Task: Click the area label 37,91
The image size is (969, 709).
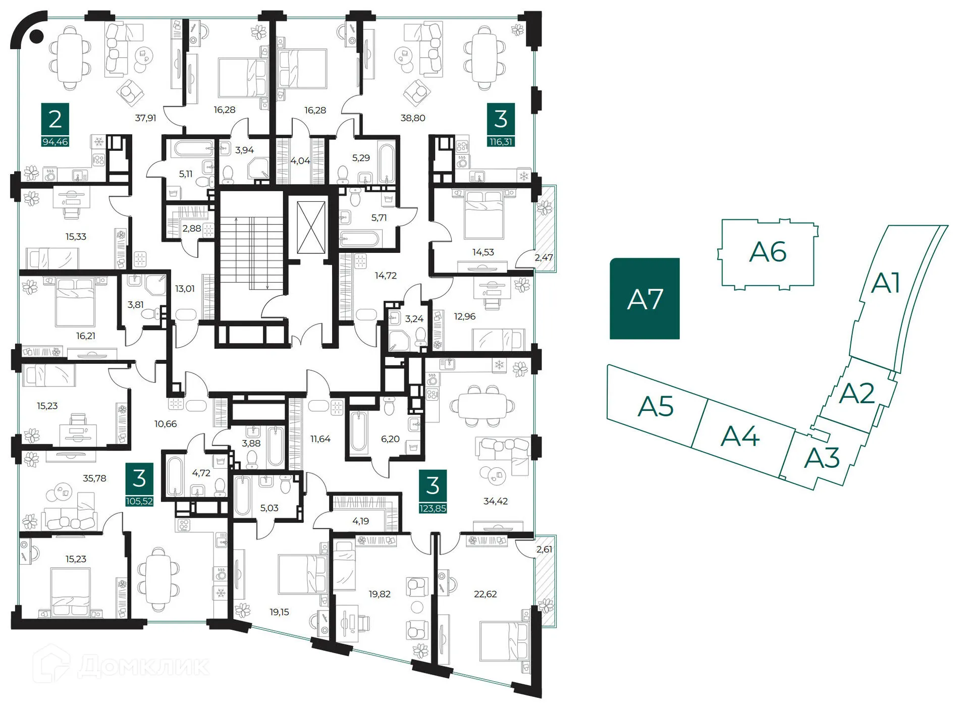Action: coord(145,118)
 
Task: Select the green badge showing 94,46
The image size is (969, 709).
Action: coord(55,142)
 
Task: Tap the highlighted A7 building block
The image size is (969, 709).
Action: coord(644,299)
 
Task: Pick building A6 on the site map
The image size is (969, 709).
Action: coord(768,252)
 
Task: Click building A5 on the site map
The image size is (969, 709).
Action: coord(655,406)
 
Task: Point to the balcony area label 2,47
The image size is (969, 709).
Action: coord(544,257)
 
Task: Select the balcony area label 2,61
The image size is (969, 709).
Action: coord(544,549)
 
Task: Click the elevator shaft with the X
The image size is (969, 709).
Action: coord(311,227)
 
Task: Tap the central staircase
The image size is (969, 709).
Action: coord(251,252)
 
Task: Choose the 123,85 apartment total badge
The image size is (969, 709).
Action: coord(433,508)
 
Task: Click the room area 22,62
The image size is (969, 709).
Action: coord(485,594)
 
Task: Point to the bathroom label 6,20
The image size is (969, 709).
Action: coord(390,439)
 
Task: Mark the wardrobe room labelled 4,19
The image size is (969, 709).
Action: coord(360,521)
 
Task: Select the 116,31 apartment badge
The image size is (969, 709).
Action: coord(501,142)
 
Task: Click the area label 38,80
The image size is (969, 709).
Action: coord(413,118)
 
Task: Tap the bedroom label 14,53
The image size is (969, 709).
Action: coord(483,252)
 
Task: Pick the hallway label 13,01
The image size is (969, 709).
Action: coord(185,289)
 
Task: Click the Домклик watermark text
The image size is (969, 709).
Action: coord(144,666)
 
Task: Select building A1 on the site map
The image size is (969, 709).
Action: coord(886,283)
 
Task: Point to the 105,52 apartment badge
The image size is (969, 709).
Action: coord(139,501)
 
